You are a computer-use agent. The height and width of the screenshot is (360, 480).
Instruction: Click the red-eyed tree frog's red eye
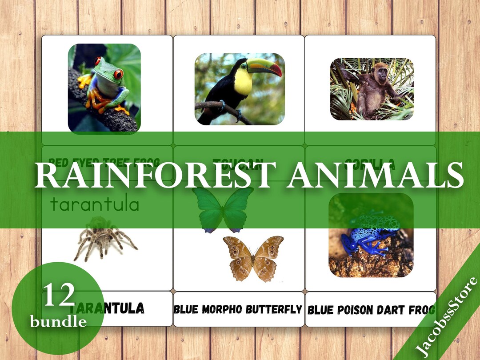click(x=118, y=74)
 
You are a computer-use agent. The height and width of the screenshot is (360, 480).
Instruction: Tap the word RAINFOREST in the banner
click(x=153, y=175)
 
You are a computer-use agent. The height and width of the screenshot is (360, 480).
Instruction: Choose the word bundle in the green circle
click(x=58, y=321)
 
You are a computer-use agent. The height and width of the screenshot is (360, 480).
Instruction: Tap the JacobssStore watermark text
click(x=447, y=316)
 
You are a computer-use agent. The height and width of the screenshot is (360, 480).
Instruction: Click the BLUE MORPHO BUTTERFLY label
click(x=238, y=309)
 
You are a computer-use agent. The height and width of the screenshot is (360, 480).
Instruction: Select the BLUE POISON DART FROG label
click(x=371, y=310)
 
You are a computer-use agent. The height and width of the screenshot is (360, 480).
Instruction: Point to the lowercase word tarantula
click(x=95, y=205)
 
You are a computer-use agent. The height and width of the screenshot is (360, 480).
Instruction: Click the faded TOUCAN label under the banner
click(x=238, y=163)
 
